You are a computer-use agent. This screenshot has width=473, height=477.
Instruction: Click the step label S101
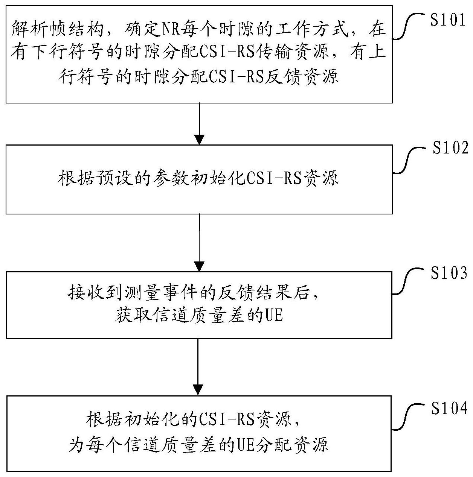click(x=448, y=20)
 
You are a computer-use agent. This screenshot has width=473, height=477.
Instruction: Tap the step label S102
click(x=450, y=147)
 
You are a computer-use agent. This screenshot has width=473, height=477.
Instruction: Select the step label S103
click(x=449, y=273)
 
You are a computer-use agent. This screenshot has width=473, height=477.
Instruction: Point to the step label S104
click(x=449, y=409)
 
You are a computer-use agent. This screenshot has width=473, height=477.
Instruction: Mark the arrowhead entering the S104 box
click(x=198, y=390)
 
